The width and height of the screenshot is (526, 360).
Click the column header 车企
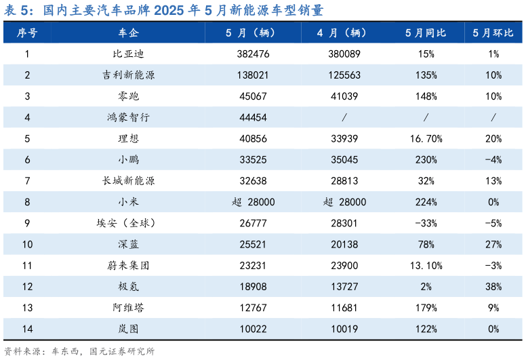(128, 33)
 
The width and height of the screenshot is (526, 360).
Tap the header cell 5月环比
(493, 33)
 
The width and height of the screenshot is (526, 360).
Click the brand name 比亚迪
(128, 54)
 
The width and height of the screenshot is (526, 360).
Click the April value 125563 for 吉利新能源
(344, 75)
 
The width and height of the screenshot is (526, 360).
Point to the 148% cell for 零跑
(425, 96)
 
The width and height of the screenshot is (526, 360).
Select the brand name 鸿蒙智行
(128, 117)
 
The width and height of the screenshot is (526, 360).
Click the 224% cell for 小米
(425, 202)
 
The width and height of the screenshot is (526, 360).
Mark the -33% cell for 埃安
(425, 223)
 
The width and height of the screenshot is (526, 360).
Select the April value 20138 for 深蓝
(344, 244)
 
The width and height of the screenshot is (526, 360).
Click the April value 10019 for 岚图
(344, 329)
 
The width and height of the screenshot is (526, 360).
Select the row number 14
(27, 329)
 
